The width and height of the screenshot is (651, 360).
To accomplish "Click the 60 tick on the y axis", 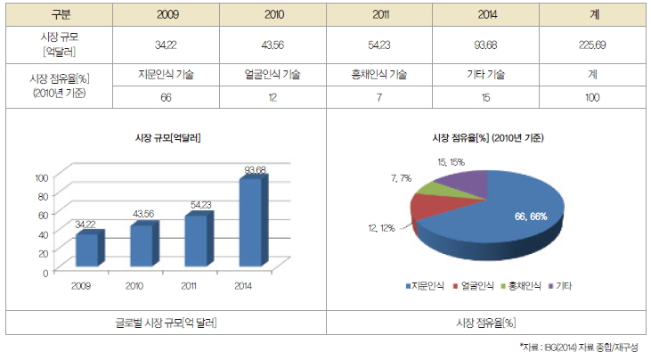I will pos(42,215).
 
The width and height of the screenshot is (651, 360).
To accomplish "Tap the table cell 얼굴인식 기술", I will pos(273,76).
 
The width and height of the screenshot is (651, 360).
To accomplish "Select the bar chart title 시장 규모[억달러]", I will pos(166,138).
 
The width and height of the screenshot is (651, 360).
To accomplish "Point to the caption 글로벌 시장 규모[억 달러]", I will pos(166,321).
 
